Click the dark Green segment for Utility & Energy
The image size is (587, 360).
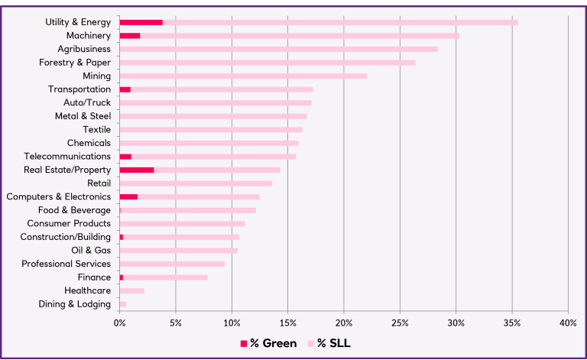pos(141,22)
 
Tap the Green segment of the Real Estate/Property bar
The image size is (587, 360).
pos(137,170)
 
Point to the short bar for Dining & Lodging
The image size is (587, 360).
pos(123,304)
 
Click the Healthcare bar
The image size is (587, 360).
pos(131,290)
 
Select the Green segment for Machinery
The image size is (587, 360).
pos(130,36)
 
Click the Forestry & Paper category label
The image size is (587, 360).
pos(75,63)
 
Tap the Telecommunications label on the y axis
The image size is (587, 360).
pos(66,157)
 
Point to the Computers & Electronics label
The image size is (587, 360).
pos(58,196)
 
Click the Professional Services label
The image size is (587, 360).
pos(66,264)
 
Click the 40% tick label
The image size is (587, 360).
pos(568,323)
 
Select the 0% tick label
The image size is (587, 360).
pos(120,323)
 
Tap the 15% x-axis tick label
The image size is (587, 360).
pos(287,323)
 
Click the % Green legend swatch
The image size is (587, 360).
pos(245,343)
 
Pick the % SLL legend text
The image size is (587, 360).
pos(335,343)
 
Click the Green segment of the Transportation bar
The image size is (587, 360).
pos(125,89)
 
